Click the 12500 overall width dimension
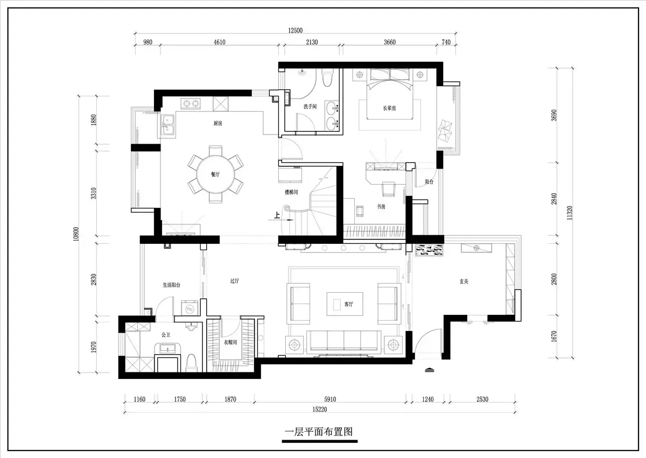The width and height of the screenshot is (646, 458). coord(296,30)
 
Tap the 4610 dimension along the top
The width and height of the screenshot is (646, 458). coord(220,42)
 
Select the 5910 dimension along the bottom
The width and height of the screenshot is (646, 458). coord(330,399)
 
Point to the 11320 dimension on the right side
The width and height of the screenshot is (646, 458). coord(570,213)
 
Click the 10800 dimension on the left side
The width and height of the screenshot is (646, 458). coord(76,234)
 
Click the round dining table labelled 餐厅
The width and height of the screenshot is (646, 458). coord(215,175)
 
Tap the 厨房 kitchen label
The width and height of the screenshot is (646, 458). coord(217,123)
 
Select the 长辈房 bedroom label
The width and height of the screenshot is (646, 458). coord(389,108)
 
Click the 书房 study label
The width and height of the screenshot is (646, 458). coord(381,206)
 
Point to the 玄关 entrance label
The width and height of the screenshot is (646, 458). coord(464,281)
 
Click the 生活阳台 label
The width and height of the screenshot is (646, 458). coord(172,285)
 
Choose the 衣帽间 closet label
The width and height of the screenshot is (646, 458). coord(230,342)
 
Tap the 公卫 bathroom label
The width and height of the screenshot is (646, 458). coord(166,335)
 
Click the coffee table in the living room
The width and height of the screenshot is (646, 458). coord(345,304)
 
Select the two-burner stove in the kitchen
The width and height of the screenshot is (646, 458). coord(191,103)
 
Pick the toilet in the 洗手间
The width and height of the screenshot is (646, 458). coord(327,77)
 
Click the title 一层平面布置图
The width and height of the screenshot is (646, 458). coord(319,432)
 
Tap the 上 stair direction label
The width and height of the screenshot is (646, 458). coord(277,215)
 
